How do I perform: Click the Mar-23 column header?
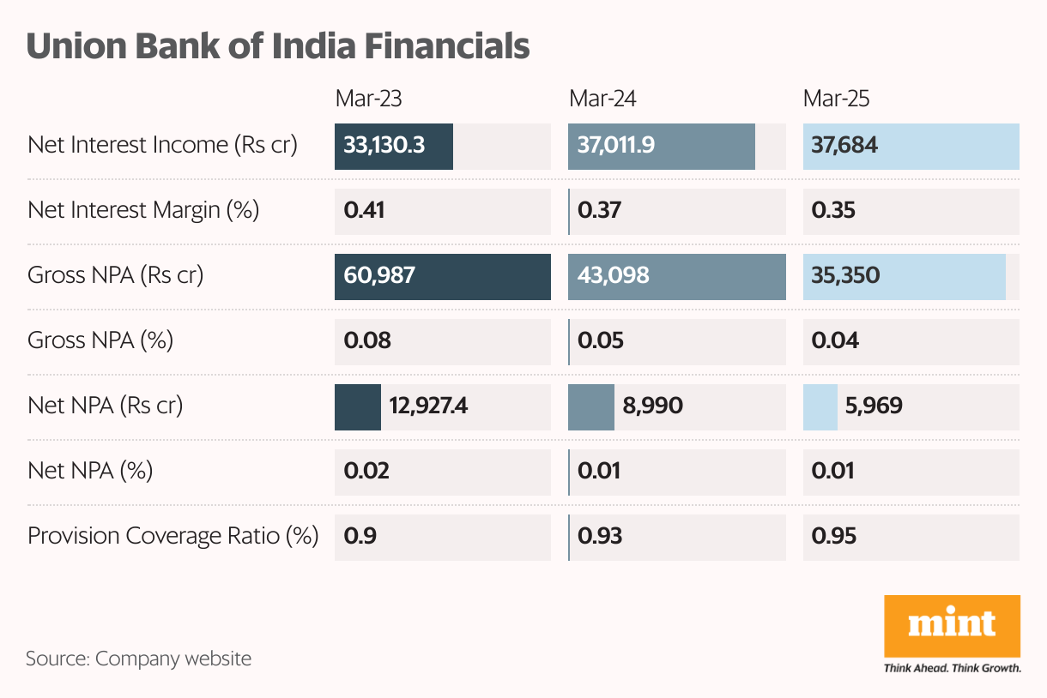pyautogui.click(x=368, y=99)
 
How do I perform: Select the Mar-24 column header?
pyautogui.click(x=602, y=99)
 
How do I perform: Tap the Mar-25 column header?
pyautogui.click(x=836, y=99)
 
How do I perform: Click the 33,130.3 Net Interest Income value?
pyautogui.click(x=384, y=145)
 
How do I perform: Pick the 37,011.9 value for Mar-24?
pyautogui.click(x=616, y=145)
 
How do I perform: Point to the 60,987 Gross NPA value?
pyautogui.click(x=379, y=275)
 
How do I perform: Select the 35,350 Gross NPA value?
pyautogui.click(x=846, y=275)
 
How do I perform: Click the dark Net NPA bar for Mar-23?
pyautogui.click(x=357, y=406)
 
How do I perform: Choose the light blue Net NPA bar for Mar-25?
pyautogui.click(x=820, y=406)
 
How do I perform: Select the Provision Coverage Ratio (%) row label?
pyautogui.click(x=172, y=537)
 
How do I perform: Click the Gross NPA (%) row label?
pyautogui.click(x=100, y=341)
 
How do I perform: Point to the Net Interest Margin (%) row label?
pyautogui.click(x=143, y=211)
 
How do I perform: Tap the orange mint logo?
pyautogui.click(x=952, y=625)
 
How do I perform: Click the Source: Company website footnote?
pyautogui.click(x=138, y=659)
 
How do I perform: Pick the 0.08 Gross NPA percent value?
pyautogui.click(x=367, y=341)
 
